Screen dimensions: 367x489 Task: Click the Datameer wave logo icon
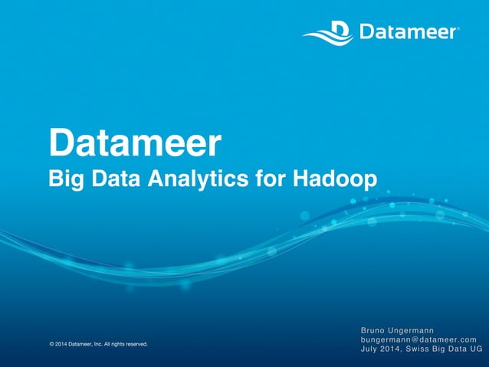click(327, 33)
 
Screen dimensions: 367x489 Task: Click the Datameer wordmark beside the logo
click(407, 32)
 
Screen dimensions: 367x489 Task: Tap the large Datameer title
click(135, 143)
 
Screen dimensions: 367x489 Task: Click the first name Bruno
click(376, 330)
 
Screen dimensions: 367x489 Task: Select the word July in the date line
click(372, 350)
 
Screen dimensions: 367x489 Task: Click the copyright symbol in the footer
click(51, 344)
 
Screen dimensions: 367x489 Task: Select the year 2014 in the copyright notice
click(61, 344)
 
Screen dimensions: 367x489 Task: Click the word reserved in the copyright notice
click(135, 344)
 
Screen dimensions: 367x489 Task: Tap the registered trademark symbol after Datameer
click(458, 29)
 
